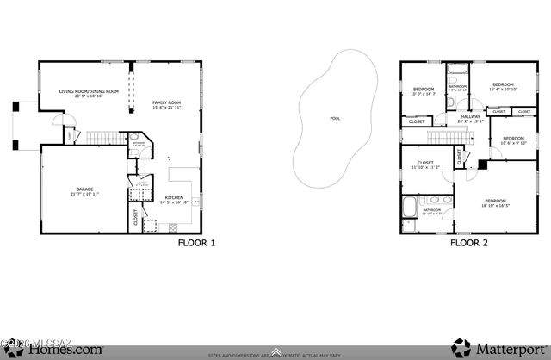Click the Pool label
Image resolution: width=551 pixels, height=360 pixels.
click(x=334, y=119)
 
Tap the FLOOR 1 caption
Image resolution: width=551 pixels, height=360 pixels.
click(x=196, y=243)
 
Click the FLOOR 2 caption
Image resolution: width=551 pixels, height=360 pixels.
click(x=469, y=243)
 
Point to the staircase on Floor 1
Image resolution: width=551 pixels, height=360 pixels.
click(x=102, y=139)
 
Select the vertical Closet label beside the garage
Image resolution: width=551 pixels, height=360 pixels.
click(x=135, y=219)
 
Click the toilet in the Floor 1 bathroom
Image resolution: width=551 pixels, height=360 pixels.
click(x=134, y=137)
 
